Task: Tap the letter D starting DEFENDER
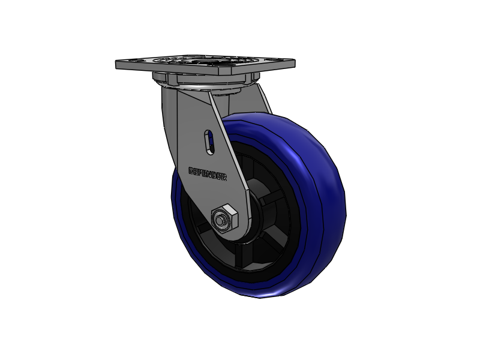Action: click(x=191, y=170)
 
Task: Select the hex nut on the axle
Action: click(x=227, y=218)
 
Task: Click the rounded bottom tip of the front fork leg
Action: click(x=237, y=231)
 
